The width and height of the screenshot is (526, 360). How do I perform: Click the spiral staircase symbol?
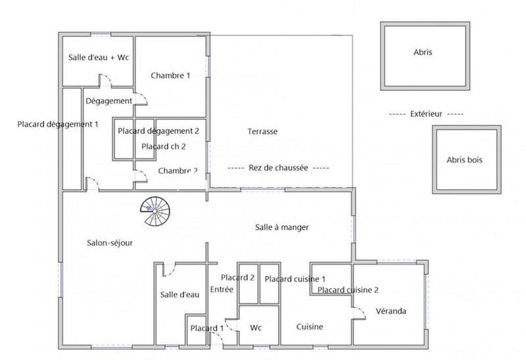click(155, 210)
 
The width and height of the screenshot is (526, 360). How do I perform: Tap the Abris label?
click(423, 53)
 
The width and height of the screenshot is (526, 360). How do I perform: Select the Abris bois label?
click(465, 160)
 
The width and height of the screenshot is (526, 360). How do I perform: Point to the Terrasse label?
click(262, 131)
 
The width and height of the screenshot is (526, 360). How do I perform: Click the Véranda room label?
click(391, 311)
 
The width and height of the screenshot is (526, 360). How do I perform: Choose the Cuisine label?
click(309, 326)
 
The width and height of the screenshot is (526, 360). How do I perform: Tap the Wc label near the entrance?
click(256, 326)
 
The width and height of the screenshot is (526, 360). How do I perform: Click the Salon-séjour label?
click(109, 242)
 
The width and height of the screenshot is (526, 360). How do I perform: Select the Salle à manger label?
click(282, 227)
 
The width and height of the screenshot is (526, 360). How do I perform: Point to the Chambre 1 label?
click(170, 76)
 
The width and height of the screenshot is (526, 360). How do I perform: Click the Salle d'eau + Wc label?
click(99, 58)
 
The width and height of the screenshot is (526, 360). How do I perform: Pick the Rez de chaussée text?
click(278, 168)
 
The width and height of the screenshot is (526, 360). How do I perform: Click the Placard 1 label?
click(206, 328)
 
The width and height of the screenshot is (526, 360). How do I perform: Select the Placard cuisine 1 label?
click(295, 279)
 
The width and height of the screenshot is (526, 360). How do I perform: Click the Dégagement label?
click(108, 101)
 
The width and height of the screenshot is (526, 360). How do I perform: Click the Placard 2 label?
click(237, 277)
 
